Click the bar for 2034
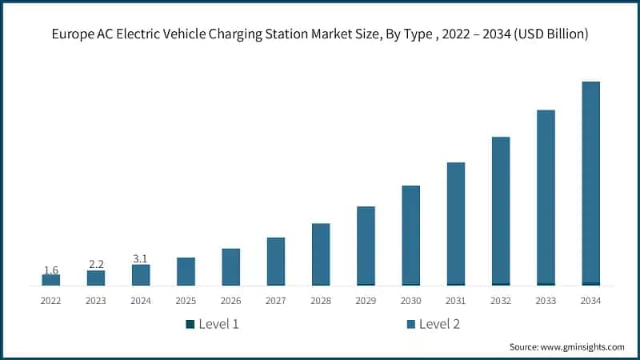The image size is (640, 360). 590,183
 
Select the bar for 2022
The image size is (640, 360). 50,279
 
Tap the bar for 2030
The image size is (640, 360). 410,235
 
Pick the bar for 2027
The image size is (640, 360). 276,261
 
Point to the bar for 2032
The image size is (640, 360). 501,210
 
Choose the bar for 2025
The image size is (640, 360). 186,271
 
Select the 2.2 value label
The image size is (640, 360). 96,264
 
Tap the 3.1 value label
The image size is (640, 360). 141,258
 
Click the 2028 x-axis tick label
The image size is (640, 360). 321,300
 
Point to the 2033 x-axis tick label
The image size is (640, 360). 546,300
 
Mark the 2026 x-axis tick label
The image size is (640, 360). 230,300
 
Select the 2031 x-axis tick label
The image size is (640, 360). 456,300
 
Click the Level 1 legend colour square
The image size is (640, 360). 190,324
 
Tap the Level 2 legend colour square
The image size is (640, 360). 410,324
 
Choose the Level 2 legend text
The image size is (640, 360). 439,324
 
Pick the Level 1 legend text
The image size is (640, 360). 218,324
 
